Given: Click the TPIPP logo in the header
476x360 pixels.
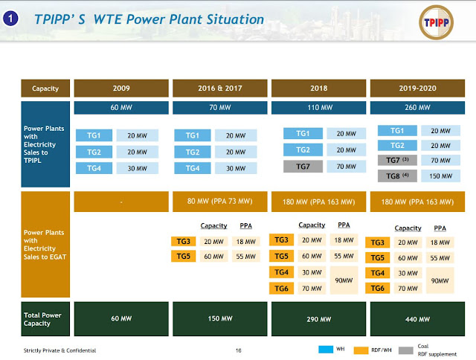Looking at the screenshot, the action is (437, 22).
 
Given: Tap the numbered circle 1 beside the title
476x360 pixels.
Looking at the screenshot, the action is (10, 19).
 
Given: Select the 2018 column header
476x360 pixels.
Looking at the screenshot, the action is (319, 89).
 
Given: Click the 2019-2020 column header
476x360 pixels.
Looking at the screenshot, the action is (417, 89).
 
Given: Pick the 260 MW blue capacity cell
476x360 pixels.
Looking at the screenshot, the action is (417, 108).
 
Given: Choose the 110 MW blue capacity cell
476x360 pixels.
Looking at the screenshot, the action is (319, 108).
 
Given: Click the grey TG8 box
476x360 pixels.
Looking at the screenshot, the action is (397, 176).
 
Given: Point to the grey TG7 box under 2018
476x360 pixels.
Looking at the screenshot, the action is (303, 167).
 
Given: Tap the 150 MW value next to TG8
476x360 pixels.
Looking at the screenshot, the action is (441, 176).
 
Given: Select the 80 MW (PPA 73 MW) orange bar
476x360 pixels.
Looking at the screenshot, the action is (220, 202).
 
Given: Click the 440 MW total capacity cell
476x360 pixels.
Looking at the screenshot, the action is (417, 319).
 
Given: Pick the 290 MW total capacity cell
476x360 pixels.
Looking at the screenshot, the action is (319, 319).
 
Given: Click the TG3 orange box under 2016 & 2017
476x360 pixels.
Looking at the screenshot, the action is (184, 242).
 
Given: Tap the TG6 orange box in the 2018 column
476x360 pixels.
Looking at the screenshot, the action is (281, 289).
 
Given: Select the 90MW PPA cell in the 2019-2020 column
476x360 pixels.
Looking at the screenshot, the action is (440, 280).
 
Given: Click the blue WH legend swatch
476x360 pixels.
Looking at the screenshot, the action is (326, 350).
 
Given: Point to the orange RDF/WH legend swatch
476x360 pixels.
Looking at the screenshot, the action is (361, 350).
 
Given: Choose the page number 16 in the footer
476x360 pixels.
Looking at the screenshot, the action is (239, 350).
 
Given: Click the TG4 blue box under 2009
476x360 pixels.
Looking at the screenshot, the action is (94, 168).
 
